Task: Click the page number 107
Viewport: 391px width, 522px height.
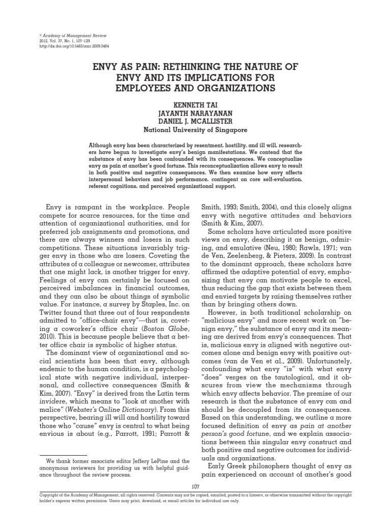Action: tap(195, 487)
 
